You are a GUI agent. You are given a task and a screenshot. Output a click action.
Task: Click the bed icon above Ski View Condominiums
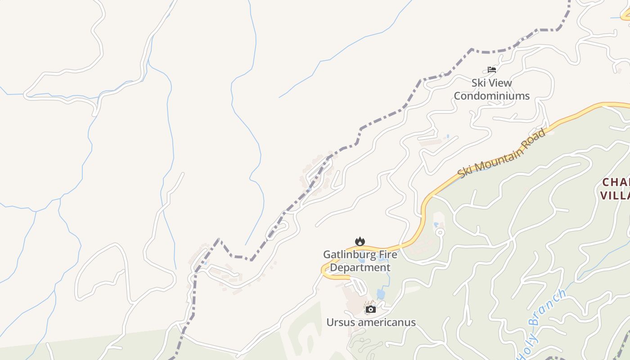tap(491, 70)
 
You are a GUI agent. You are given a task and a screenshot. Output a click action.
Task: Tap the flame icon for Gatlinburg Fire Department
tap(360, 241)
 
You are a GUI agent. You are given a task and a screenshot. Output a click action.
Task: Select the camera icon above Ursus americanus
tap(370, 309)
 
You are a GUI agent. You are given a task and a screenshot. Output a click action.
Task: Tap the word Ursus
tap(340, 323)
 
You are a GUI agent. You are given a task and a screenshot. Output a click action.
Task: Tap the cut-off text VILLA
tap(615, 195)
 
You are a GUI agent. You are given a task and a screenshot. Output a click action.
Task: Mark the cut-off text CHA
tap(616, 182)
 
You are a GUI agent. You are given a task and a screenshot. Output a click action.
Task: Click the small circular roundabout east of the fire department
tap(440, 232)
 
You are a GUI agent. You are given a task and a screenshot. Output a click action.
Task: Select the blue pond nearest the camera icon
tap(381, 294)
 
